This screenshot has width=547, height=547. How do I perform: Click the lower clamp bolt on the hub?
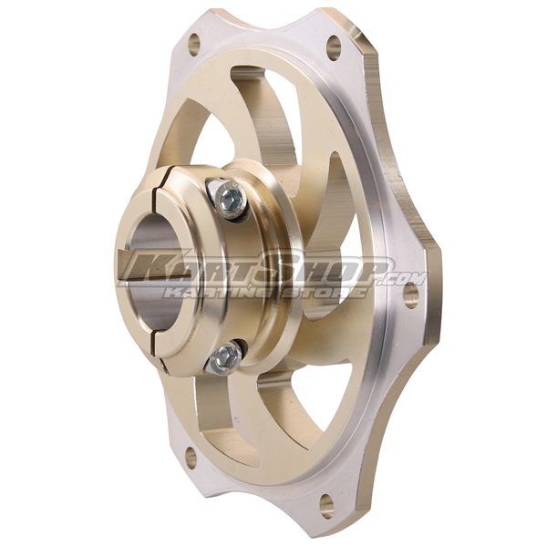point(224,356)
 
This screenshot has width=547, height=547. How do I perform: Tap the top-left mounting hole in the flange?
point(193,41)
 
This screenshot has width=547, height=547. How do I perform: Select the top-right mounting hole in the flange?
point(334,43)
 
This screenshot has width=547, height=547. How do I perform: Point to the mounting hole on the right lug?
point(410,293)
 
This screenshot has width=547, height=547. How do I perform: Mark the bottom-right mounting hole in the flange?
point(326,501)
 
